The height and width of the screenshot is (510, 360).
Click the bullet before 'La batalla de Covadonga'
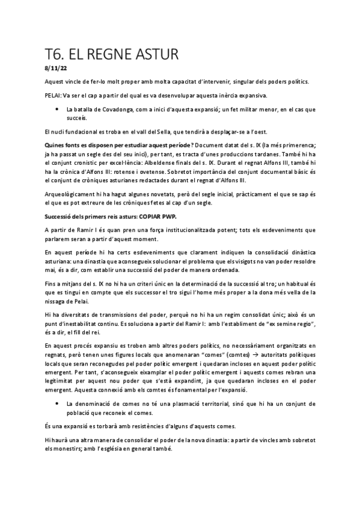coord(56,109)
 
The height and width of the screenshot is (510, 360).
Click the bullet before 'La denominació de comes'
coord(56,402)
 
